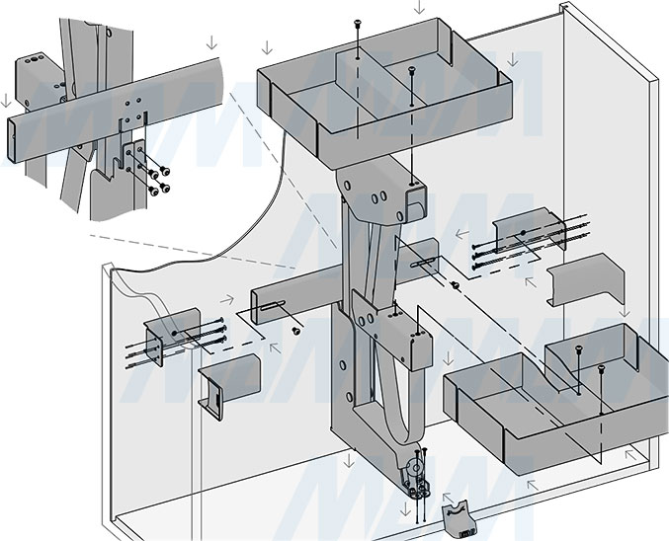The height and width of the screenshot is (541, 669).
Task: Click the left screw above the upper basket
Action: pos(357,26)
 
